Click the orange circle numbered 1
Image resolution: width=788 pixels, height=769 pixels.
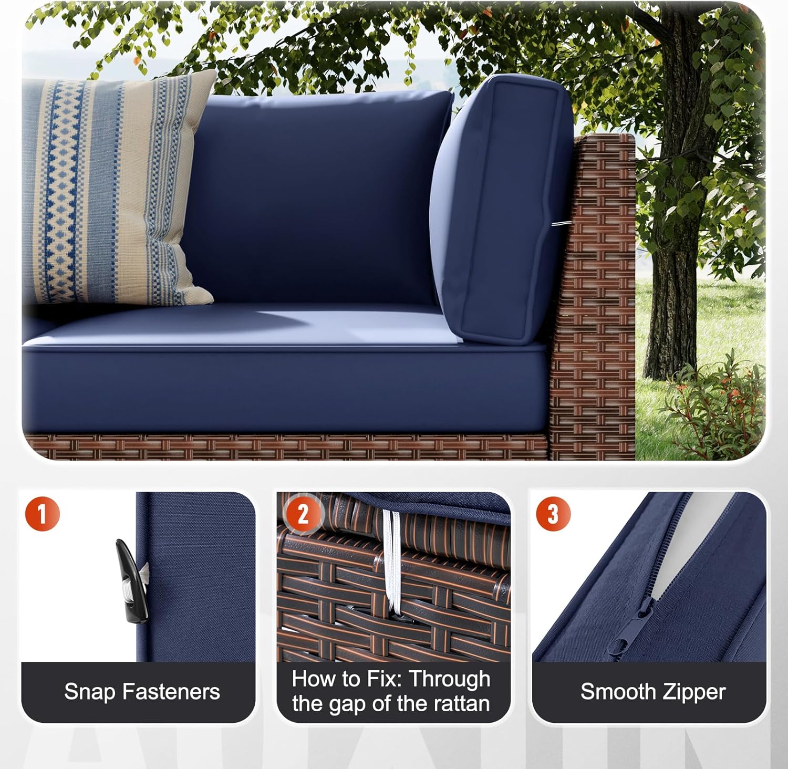pos(43,513)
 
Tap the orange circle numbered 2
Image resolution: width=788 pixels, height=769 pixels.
pos(303,514)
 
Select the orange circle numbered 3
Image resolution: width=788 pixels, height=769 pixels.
pos(553,513)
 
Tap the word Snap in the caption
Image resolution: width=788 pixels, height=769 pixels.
pos(89,692)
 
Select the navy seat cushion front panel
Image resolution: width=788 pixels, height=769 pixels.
pos(284,389)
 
